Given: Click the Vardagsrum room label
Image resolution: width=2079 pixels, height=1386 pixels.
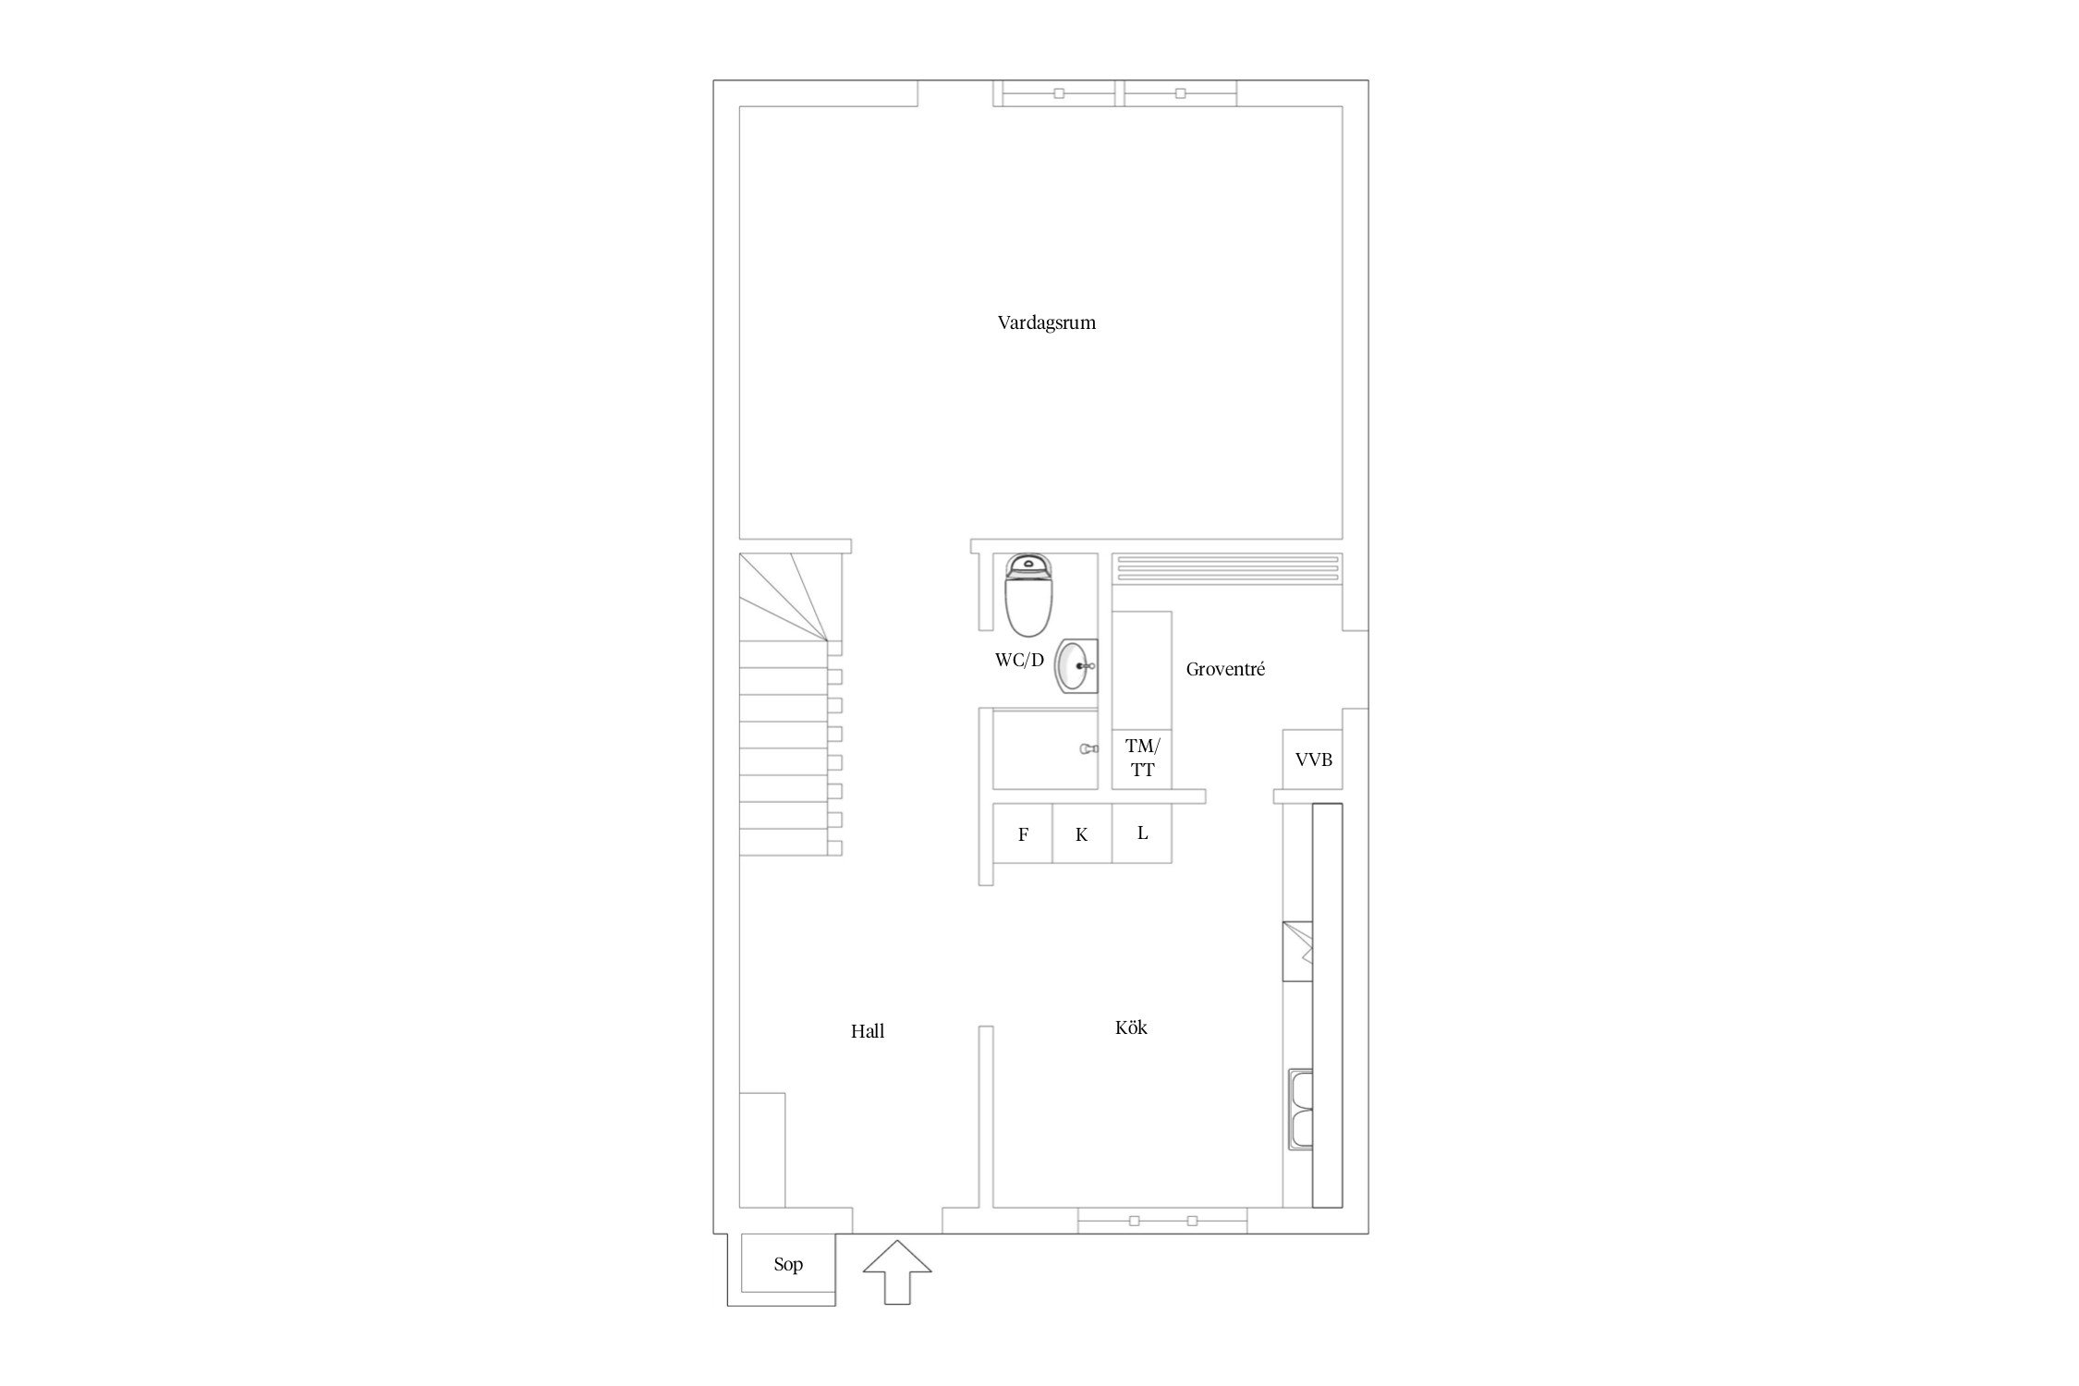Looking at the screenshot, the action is point(1046,323).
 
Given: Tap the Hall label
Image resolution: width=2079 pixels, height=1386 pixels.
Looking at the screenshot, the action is point(868,1031).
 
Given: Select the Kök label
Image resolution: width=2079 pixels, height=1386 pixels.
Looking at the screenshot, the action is point(1131,1027).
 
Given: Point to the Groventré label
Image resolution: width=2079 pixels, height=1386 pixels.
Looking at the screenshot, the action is point(1225,669).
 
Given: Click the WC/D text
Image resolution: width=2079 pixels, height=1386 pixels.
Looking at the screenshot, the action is point(1019,660).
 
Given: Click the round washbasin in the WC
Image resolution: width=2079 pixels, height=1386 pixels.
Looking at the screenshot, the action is point(1076,665).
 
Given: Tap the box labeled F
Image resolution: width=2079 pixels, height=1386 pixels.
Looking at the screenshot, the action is point(1023,833).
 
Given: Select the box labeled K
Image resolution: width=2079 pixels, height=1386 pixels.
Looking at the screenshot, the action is point(1082,833).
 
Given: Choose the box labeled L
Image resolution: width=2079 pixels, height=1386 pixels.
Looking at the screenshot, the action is point(1142,833).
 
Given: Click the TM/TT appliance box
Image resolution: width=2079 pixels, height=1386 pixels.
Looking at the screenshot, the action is point(1142,758).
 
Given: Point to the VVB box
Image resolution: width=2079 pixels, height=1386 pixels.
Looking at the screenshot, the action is point(1313,760).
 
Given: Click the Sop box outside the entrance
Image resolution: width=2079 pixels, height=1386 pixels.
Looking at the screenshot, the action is point(788,1264).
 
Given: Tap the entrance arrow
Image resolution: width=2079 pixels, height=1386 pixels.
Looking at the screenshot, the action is point(897,1273).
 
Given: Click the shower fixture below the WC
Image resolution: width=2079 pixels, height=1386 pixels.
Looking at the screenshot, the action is point(1088,749).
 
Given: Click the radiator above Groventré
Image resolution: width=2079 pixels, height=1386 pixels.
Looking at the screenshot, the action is point(1227,567).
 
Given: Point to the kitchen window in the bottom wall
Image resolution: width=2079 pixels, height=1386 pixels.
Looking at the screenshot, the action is point(1162,1221).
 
